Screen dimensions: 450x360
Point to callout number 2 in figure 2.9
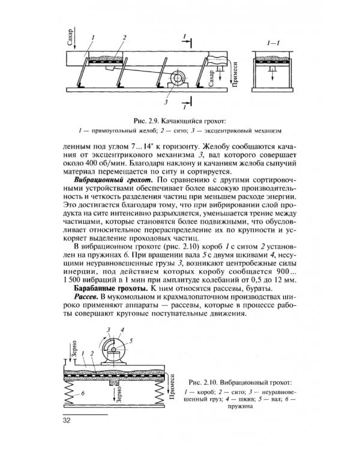pos(124,38)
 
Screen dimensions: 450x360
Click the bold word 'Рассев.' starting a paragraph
pos(88,298)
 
